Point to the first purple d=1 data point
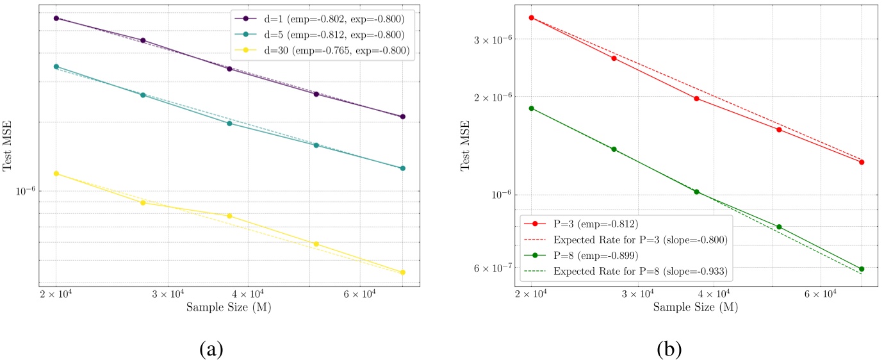[x=56, y=19]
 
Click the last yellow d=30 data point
[x=403, y=272]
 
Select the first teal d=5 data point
[x=56, y=67]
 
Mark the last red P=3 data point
[x=862, y=162]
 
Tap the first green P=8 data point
[x=531, y=108]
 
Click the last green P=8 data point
[x=862, y=269]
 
